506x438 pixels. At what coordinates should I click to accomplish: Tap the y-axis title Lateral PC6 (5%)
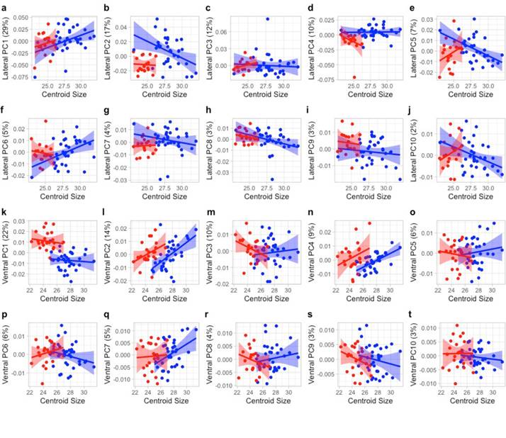[6, 148]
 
